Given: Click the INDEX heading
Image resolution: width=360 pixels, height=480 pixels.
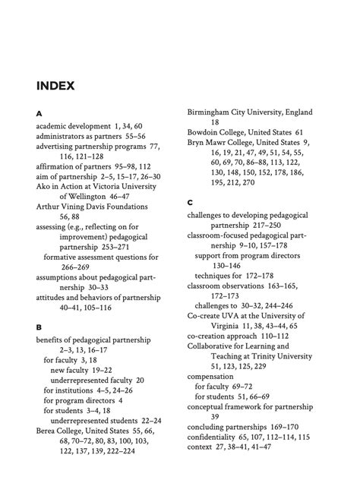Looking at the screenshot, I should (x=55, y=86).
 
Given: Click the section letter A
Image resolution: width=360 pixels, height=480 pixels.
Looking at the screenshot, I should (x=39, y=112).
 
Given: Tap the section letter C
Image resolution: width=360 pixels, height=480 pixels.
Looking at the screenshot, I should (x=191, y=203).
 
